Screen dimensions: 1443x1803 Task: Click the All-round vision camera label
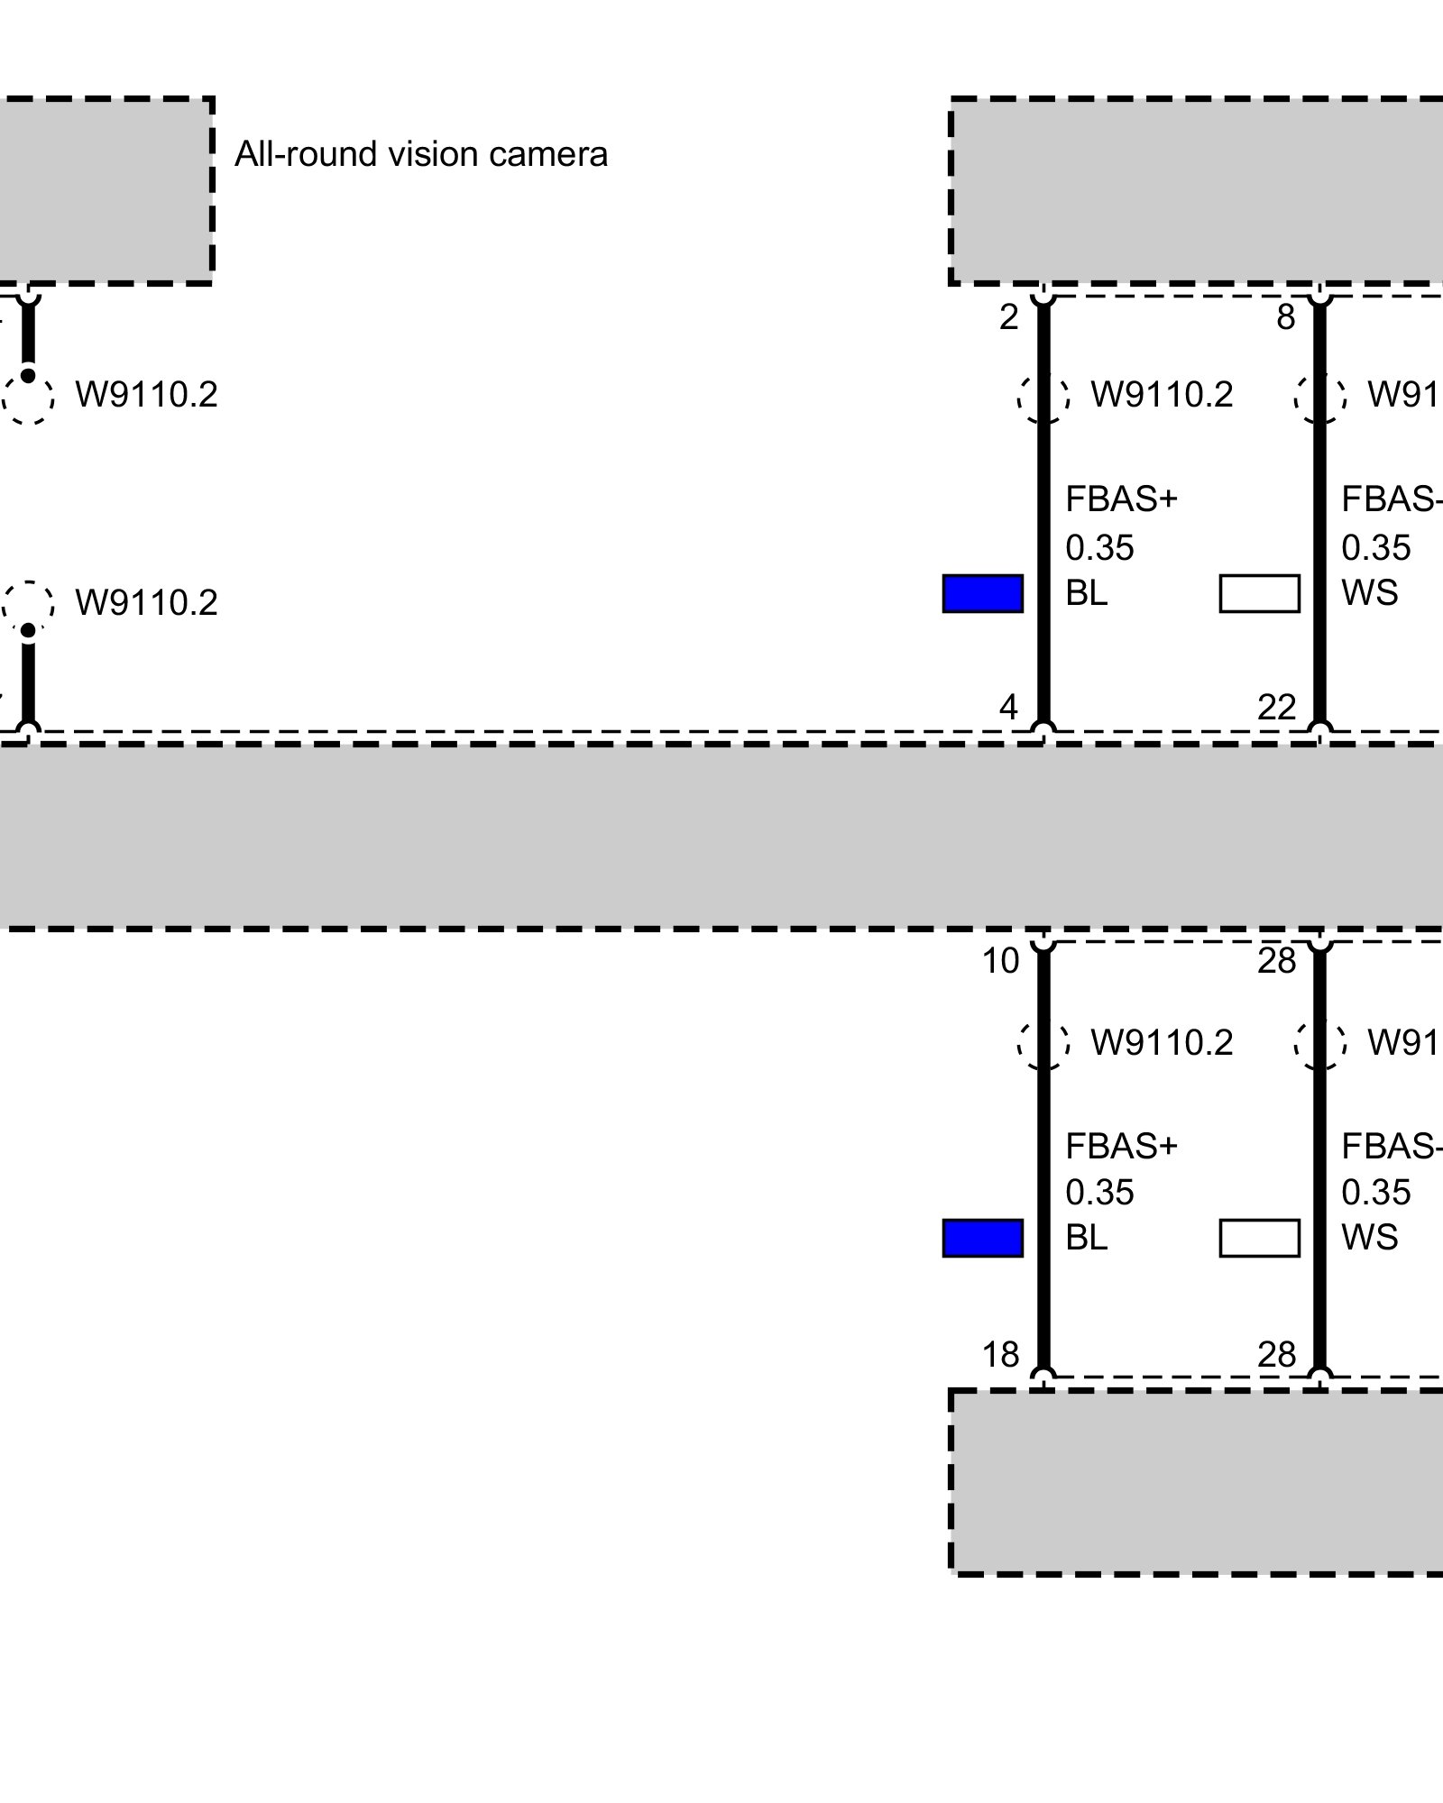420,155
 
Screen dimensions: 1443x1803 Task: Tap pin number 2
1008,317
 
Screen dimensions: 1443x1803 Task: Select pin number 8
1285,317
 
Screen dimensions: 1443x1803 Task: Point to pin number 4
1008,707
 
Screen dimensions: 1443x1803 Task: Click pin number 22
1276,707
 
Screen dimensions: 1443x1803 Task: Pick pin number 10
1000,962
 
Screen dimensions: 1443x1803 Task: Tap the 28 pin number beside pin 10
1276,962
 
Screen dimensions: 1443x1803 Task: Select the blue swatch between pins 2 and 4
982,593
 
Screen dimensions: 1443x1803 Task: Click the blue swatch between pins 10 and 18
982,1238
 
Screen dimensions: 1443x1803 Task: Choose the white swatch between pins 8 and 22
1259,593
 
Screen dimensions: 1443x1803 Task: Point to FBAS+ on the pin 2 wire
1121,499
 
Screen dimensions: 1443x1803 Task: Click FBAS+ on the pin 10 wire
1121,1147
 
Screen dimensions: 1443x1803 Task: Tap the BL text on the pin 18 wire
1086,1238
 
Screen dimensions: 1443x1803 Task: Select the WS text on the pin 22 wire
1369,593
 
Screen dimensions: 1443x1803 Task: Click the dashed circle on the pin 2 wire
1043,396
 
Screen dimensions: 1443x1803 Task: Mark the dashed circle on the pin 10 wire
1043,1042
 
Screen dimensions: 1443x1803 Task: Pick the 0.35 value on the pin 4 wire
1098,547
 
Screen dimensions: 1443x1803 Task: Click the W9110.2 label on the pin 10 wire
1162,1043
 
